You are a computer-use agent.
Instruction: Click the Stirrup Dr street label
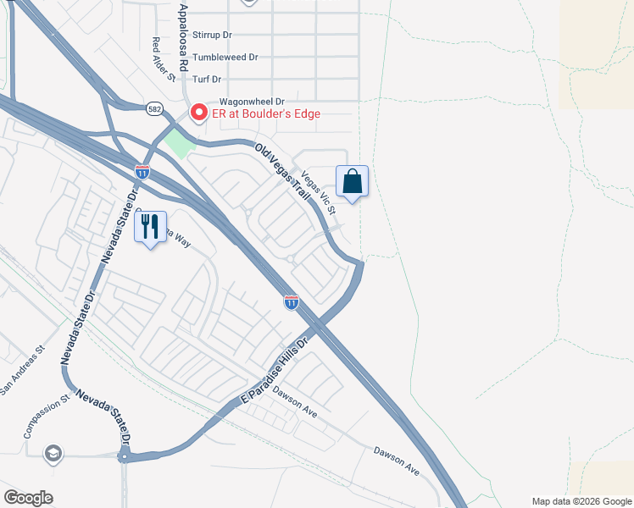coord(212,35)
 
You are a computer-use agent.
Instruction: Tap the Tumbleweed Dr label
coord(225,57)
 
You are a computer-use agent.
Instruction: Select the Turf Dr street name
coord(207,79)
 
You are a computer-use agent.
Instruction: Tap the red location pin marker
coord(198,112)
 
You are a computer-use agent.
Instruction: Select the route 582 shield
coord(153,108)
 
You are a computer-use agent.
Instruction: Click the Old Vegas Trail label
coord(283,171)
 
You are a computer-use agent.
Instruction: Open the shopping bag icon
coord(353,180)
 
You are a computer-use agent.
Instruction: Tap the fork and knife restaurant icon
coord(151,226)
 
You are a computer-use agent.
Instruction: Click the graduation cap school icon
coord(53,453)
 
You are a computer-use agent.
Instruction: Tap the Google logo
coord(28,498)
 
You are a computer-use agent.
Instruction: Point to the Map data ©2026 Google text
coord(581,501)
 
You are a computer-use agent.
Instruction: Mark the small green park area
coord(179,141)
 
